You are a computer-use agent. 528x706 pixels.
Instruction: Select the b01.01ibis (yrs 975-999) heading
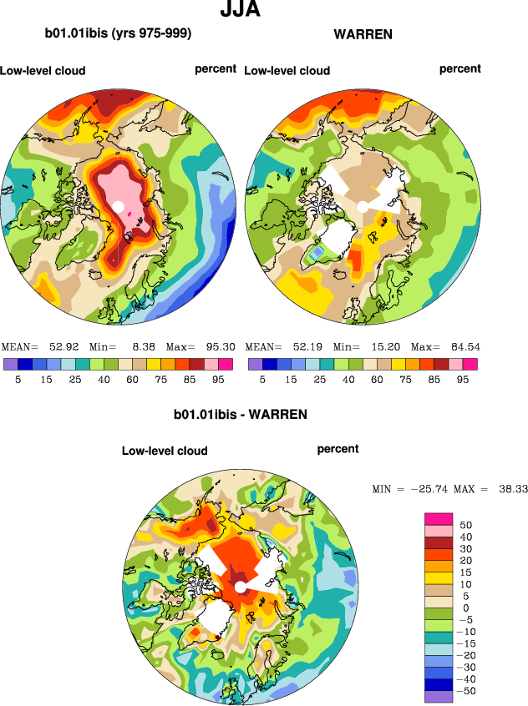pos(119,34)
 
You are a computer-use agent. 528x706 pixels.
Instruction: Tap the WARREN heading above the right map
pos(363,34)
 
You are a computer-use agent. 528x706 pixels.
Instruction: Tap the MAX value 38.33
pos(510,488)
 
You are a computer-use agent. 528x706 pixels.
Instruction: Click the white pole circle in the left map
pos(119,206)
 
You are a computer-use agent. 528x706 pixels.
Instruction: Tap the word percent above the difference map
pos(338,449)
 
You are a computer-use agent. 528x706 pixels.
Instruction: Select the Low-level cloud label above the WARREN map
pos(287,71)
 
